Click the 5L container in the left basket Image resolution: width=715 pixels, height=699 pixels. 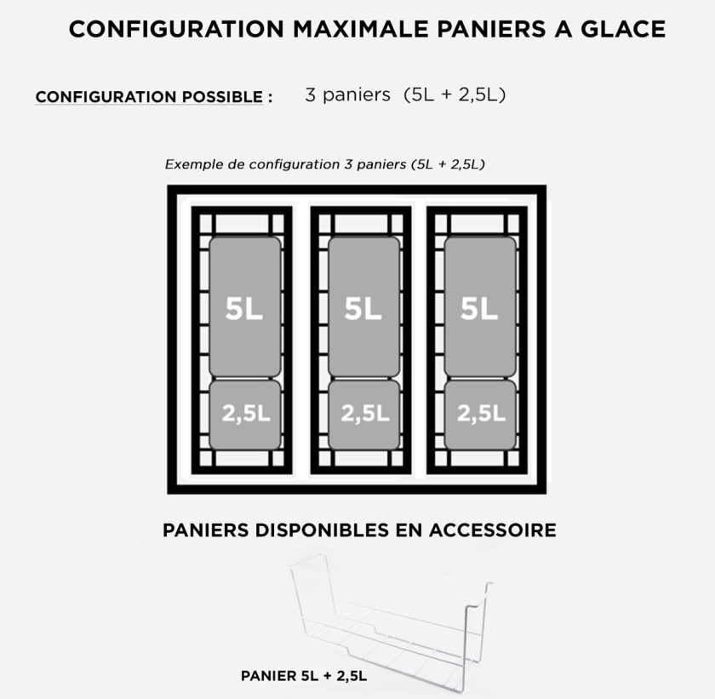(245, 307)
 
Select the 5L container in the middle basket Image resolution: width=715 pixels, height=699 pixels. (364, 307)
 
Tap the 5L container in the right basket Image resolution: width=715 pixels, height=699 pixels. (480, 307)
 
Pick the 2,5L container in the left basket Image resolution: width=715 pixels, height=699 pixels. (245, 415)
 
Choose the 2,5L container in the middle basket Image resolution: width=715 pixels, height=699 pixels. (364, 415)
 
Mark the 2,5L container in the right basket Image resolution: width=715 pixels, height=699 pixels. (480, 415)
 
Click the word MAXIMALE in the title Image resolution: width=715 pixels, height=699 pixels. (360, 29)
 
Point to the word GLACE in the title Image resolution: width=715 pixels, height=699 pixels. (623, 29)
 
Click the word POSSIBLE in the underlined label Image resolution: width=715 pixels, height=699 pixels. (222, 97)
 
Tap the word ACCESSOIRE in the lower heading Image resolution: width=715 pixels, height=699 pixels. (493, 530)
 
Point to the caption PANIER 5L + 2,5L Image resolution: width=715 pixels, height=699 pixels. (304, 676)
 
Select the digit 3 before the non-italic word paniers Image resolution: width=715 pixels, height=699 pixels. (310, 95)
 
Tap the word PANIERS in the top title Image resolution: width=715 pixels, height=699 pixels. (491, 29)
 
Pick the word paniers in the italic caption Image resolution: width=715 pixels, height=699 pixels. (381, 165)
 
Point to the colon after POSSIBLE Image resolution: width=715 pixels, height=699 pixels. (271, 98)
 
